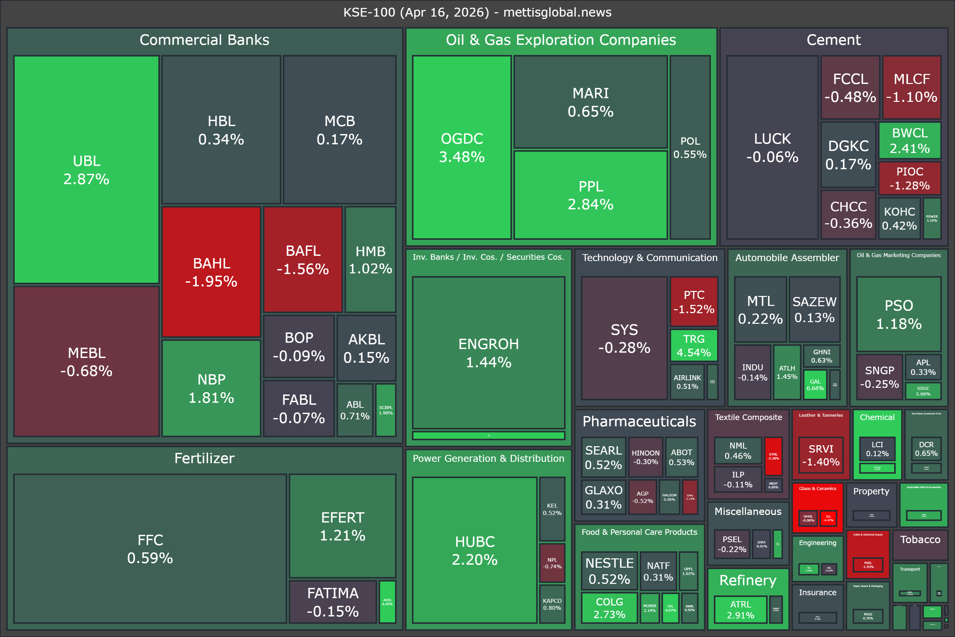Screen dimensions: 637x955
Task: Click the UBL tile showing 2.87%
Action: tap(86, 170)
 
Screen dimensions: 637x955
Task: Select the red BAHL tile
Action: tap(211, 272)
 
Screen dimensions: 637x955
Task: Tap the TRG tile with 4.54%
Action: tap(693, 345)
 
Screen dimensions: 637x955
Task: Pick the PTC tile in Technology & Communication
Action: tap(693, 302)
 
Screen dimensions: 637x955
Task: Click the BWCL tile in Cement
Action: tap(910, 140)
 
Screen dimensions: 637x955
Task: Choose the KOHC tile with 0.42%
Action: tap(899, 218)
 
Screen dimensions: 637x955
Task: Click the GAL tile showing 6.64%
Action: tap(815, 384)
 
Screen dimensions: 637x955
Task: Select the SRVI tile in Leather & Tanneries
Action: tap(821, 455)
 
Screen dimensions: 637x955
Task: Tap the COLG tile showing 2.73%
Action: tap(609, 608)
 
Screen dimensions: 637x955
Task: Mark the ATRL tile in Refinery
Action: tap(740, 609)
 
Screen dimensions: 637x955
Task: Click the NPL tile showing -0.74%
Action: tap(552, 563)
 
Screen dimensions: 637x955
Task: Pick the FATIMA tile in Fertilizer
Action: tap(333, 602)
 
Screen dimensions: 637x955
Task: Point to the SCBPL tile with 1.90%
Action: tap(385, 410)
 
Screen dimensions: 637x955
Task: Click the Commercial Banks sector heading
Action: tap(204, 40)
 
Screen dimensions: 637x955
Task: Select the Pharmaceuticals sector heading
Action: tap(639, 421)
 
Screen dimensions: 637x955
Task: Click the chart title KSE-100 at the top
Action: tap(477, 12)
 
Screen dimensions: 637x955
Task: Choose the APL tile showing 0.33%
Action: tap(923, 367)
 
